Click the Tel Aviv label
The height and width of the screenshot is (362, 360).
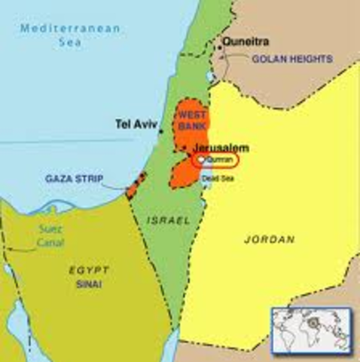tap(134, 123)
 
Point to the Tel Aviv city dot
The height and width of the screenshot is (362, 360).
tap(160, 131)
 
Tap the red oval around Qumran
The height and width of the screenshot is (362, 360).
tap(215, 161)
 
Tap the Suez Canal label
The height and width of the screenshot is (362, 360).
tap(50, 238)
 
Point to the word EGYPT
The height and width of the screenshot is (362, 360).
tap(89, 269)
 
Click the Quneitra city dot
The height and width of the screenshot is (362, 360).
tap(219, 48)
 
